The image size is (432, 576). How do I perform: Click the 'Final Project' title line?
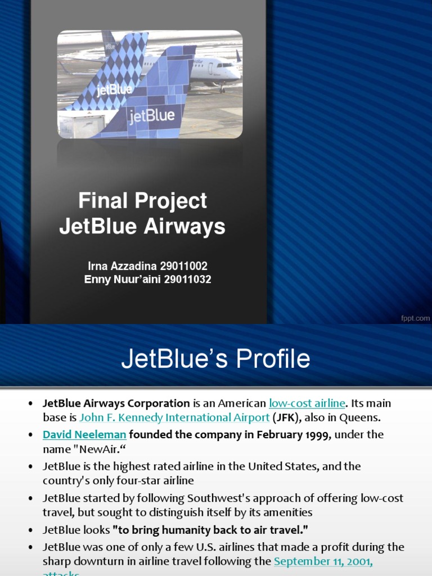[x=142, y=201]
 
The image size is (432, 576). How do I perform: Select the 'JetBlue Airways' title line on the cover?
[x=142, y=227]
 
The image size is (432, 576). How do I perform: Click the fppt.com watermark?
[x=415, y=318]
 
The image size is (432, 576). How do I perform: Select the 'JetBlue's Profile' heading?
[x=215, y=359]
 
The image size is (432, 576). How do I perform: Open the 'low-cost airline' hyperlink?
[x=307, y=403]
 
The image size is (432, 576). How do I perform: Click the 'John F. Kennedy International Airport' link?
[x=174, y=418]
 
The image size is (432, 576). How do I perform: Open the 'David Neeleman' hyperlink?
[x=84, y=434]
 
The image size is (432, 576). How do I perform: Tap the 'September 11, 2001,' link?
[x=323, y=561]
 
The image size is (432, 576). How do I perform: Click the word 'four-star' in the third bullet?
[x=130, y=481]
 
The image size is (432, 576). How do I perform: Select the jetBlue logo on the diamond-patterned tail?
[x=114, y=89]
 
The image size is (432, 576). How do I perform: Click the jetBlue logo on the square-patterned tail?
[x=152, y=116]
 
